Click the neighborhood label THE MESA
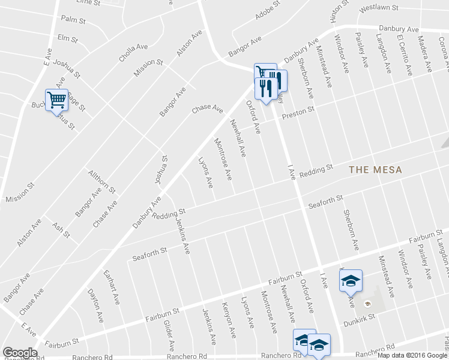(371, 170)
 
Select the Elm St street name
(68, 38)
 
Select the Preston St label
(298, 111)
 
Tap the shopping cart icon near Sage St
(56, 100)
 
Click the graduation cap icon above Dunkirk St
(351, 280)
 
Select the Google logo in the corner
(20, 352)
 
